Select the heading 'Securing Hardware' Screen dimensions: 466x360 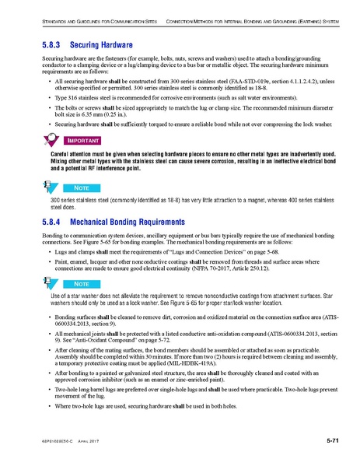pyautogui.click(x=101, y=46)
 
